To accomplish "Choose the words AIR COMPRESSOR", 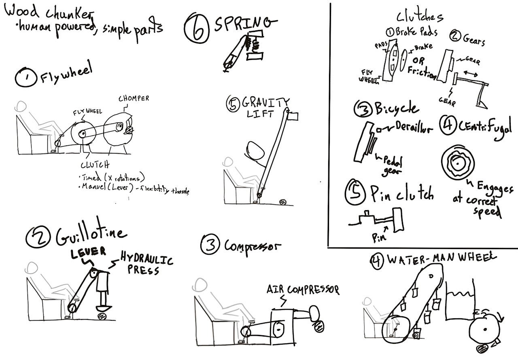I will pos(302,290).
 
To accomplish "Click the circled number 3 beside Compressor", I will pos(210,245).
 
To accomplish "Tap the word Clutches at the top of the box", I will pos(419,17).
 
